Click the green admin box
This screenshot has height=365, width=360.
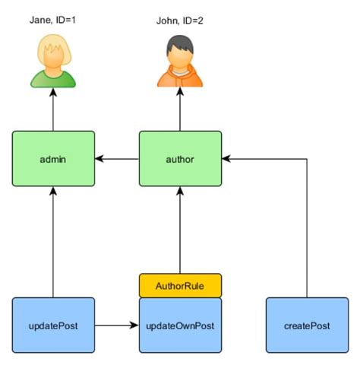point(53,159)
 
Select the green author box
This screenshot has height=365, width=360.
point(180,159)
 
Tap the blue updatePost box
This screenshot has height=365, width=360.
point(53,325)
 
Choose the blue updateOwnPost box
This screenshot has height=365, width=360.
point(180,325)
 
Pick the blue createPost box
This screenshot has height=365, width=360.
point(306,325)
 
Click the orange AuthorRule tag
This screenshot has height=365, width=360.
point(180,285)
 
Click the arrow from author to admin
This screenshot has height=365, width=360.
point(117,159)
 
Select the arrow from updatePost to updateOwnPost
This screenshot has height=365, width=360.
point(117,325)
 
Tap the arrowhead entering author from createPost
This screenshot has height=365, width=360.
point(227,159)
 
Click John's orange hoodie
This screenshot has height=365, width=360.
point(180,78)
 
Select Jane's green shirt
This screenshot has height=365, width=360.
point(54,78)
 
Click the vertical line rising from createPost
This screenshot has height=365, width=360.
point(306,228)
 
